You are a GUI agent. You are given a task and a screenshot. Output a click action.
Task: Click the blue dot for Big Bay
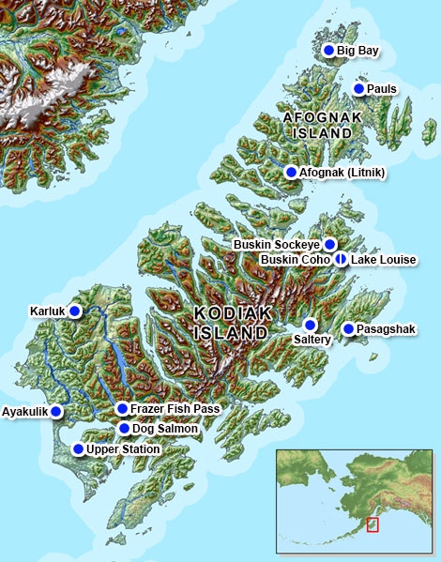click(x=328, y=51)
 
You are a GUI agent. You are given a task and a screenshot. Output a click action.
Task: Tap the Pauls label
click(x=382, y=89)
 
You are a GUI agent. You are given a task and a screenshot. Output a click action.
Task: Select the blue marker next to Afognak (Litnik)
click(x=291, y=173)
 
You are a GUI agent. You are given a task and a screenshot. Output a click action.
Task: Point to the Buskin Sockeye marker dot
click(x=329, y=244)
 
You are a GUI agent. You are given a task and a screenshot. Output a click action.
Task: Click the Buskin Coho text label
click(x=294, y=260)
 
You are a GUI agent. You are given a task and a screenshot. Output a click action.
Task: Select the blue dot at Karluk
click(x=74, y=311)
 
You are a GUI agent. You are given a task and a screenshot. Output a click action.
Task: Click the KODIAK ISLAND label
click(x=232, y=322)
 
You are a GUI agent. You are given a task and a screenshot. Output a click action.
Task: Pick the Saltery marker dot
click(x=311, y=325)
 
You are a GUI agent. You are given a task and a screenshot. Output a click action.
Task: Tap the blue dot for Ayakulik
click(x=56, y=411)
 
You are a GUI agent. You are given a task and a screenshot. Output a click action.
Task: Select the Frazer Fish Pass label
click(x=175, y=409)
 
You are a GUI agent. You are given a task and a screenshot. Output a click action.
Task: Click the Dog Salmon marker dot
click(x=124, y=429)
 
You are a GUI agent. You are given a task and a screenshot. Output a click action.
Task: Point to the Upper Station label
click(x=123, y=449)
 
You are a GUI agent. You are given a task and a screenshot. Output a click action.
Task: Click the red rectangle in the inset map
click(x=373, y=524)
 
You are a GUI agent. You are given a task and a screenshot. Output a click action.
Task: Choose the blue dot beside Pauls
click(x=357, y=89)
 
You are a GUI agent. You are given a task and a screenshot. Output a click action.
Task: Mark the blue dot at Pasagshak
click(x=348, y=329)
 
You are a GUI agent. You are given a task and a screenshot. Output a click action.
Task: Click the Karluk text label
click(x=46, y=311)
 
